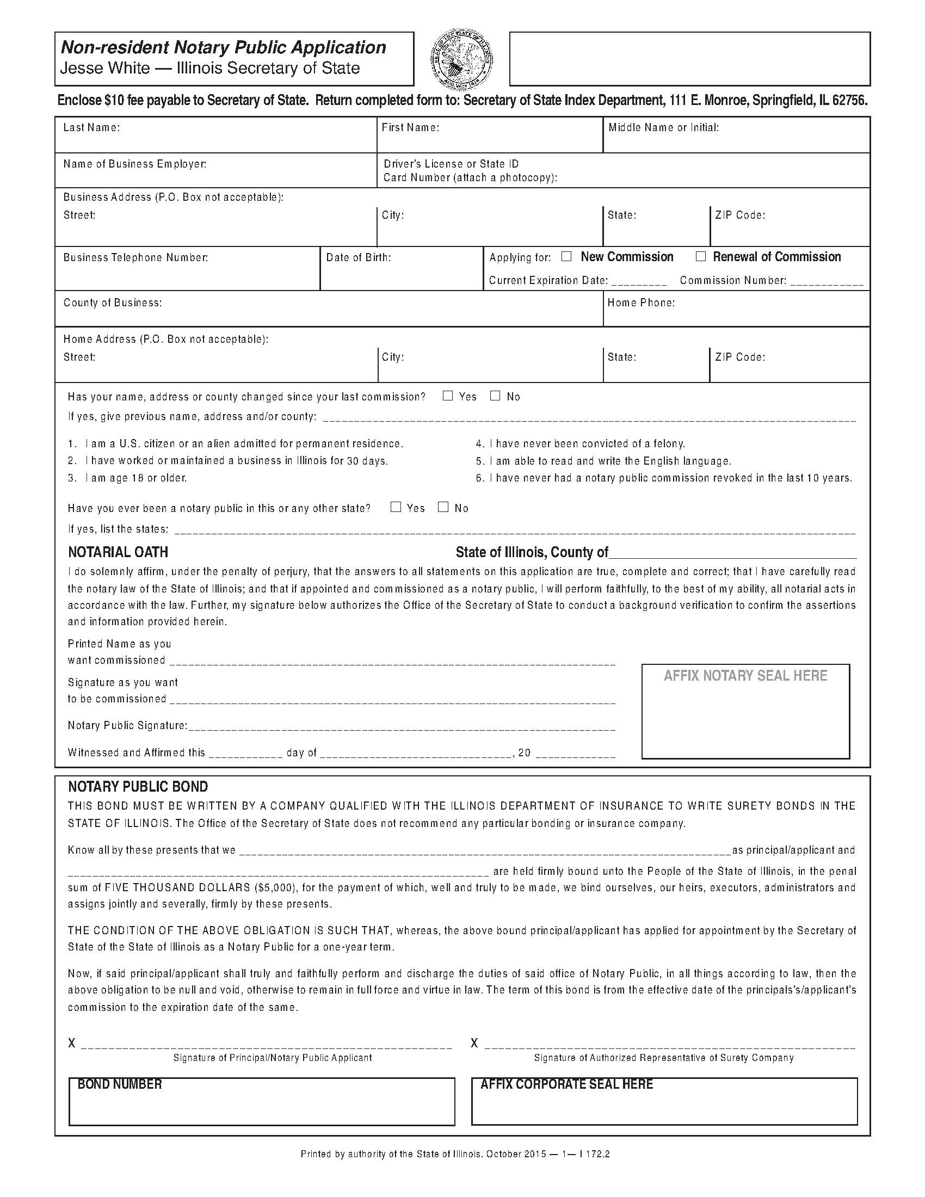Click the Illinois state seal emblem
pyautogui.click(x=462, y=59)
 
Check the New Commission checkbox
pyautogui.click(x=566, y=256)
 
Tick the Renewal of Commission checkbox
pyautogui.click(x=700, y=256)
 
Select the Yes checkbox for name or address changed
pyautogui.click(x=448, y=396)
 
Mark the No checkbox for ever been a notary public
pyautogui.click(x=443, y=507)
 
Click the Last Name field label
pyautogui.click(x=91, y=128)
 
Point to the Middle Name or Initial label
pyautogui.click(x=663, y=128)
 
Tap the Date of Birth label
pyautogui.click(x=359, y=257)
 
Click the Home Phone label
pyautogui.click(x=640, y=303)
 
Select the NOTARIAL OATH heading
pyautogui.click(x=118, y=552)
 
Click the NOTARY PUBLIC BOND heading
pyautogui.click(x=138, y=787)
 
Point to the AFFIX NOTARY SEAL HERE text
pyautogui.click(x=745, y=676)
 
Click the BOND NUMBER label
pyautogui.click(x=120, y=1084)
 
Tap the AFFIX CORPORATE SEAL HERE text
pyautogui.click(x=566, y=1084)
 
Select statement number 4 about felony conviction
pyautogui.click(x=581, y=443)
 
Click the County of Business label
pyautogui.click(x=112, y=303)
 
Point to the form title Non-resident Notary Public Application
pyautogui.click(x=223, y=48)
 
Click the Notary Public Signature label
pyautogui.click(x=127, y=725)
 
